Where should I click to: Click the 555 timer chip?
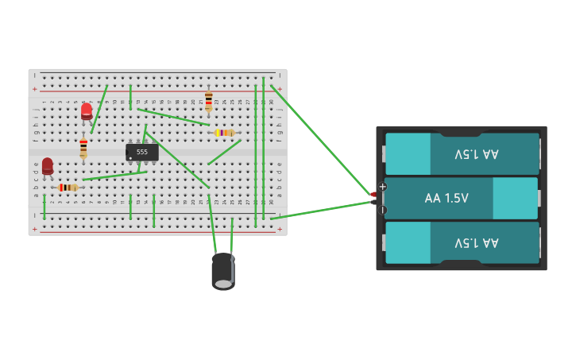(x=141, y=152)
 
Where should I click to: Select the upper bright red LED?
(x=87, y=111)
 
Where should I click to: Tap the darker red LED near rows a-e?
(x=48, y=165)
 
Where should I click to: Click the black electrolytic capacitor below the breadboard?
(x=223, y=271)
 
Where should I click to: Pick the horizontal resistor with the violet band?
(x=225, y=133)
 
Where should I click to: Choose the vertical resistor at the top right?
(x=209, y=101)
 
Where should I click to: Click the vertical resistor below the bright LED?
(x=83, y=148)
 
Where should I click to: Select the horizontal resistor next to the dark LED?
(x=68, y=188)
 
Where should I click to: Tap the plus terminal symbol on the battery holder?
(x=382, y=187)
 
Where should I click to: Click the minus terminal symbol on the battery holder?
(x=382, y=210)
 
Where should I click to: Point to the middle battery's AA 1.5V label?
(x=446, y=198)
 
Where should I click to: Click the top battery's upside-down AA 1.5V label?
(x=477, y=153)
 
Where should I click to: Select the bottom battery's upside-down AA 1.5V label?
(x=477, y=242)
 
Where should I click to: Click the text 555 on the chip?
(x=141, y=152)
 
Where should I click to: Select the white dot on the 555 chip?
(x=130, y=158)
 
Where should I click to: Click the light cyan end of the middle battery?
(x=515, y=198)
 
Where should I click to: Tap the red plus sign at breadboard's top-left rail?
(x=34, y=90)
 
